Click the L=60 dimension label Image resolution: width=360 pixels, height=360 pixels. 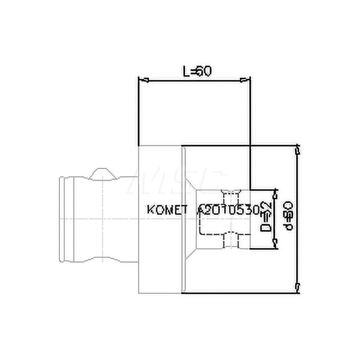click(196, 71)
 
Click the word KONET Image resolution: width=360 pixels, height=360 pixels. click(167, 210)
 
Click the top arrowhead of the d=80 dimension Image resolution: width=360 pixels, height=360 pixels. click(297, 149)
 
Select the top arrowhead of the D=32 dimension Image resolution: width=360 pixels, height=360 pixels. click(275, 194)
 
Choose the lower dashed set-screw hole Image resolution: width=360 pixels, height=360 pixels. click(230, 240)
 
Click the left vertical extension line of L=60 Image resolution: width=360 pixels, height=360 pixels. click(139, 112)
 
